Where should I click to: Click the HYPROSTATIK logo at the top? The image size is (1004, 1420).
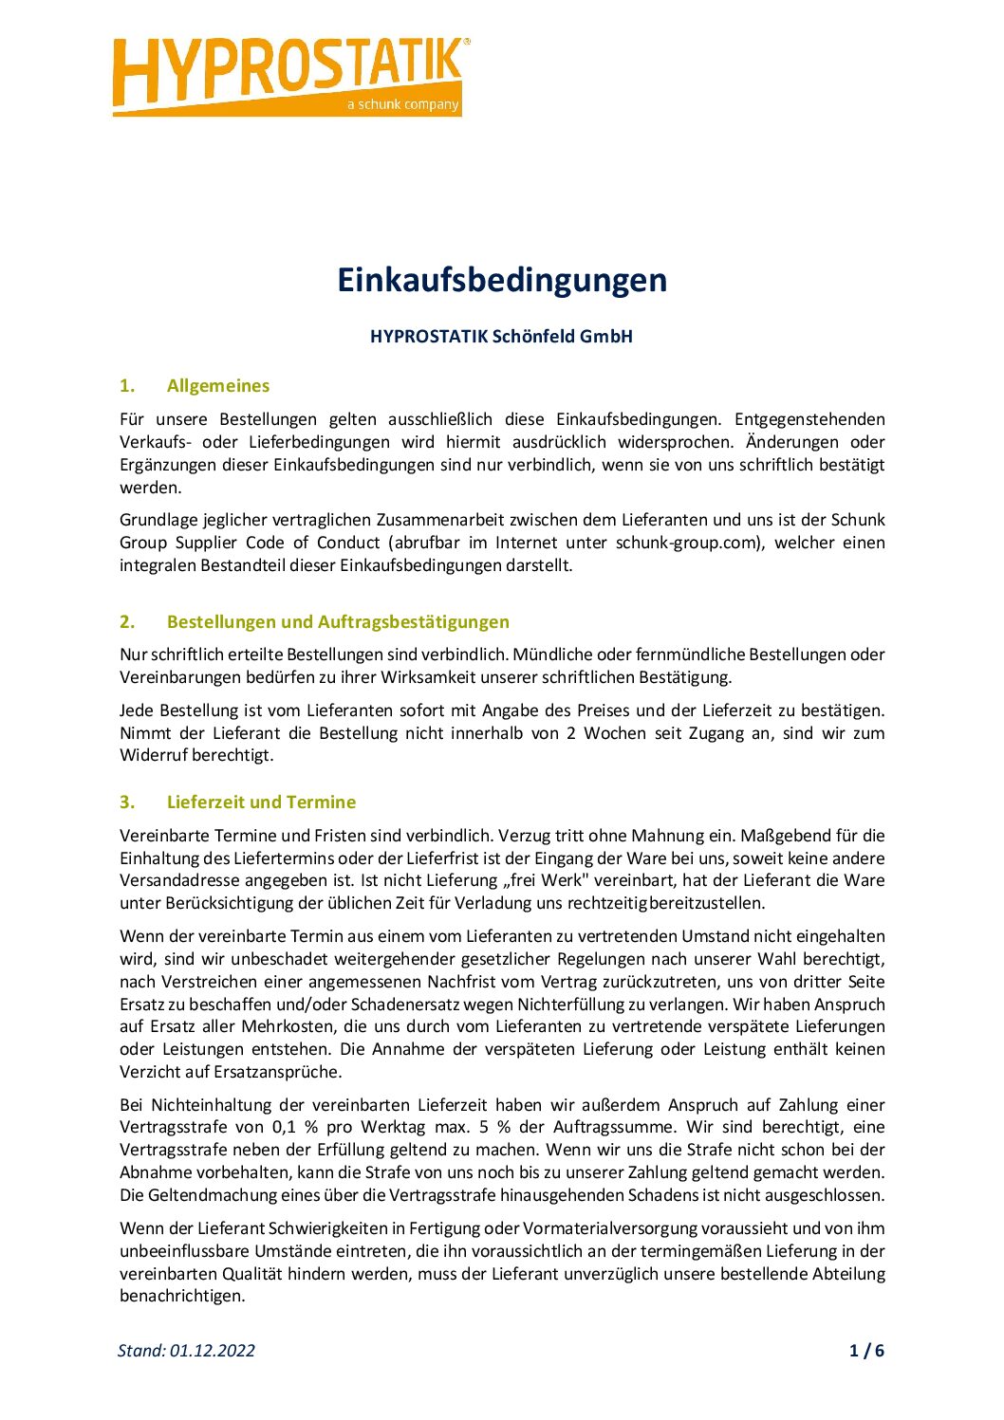(289, 74)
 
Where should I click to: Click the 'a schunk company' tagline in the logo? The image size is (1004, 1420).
(402, 104)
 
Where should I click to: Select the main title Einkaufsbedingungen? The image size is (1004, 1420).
(502, 280)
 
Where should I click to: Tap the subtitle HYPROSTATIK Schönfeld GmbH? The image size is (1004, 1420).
(501, 336)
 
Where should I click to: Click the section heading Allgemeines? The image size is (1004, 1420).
(217, 386)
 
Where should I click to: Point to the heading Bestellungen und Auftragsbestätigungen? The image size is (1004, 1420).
(338, 622)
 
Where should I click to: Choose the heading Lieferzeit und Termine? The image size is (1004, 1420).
(261, 802)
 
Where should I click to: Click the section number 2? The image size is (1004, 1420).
(127, 622)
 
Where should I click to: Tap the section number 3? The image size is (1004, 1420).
(127, 802)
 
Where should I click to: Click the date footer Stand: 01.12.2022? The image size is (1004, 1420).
(186, 1351)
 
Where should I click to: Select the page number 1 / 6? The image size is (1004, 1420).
(866, 1351)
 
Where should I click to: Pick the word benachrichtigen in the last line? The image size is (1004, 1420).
(182, 1296)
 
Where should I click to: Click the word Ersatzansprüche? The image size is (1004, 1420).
(278, 1072)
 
